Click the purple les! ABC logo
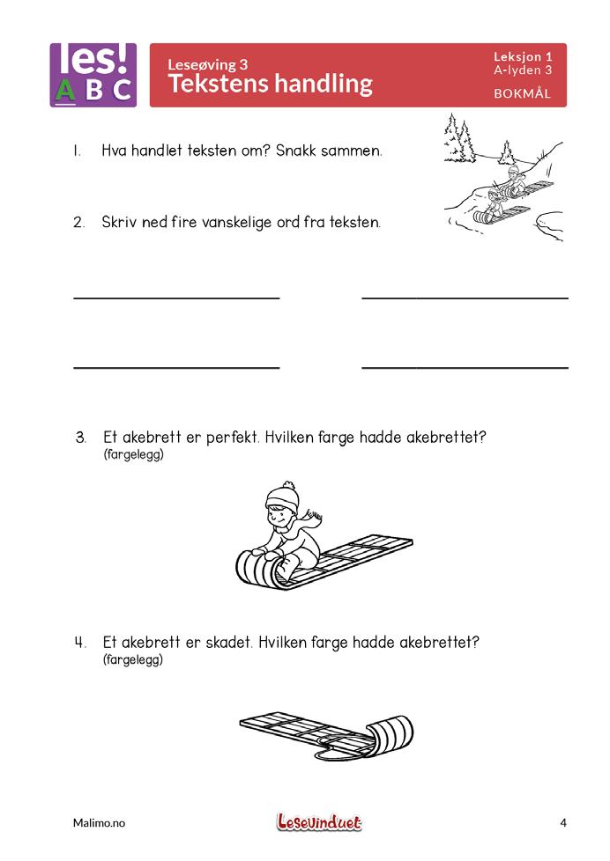click(93, 75)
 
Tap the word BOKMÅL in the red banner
click(522, 94)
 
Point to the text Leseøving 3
click(208, 63)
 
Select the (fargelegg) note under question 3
click(133, 455)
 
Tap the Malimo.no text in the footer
click(99, 823)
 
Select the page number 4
click(562, 823)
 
